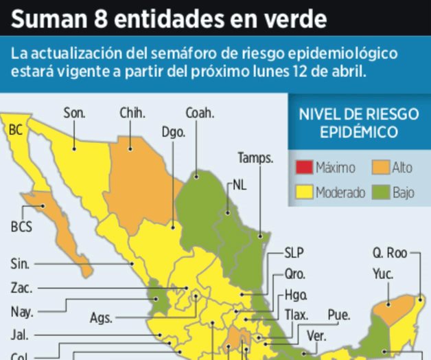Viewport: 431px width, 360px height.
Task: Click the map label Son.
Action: coord(74,113)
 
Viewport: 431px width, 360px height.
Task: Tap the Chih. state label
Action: coord(132,113)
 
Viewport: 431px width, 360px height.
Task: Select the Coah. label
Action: coord(200,113)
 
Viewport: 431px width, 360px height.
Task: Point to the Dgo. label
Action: coord(174,132)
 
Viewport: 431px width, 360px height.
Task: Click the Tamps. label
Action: coord(255,158)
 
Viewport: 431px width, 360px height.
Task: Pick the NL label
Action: coord(240,185)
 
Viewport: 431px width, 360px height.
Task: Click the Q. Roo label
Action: coord(391,253)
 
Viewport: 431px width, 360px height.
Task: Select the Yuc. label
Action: coord(383,273)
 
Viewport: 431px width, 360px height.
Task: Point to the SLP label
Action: coord(294,252)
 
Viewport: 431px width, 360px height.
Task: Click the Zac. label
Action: coord(22,288)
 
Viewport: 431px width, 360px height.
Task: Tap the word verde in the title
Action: coord(292,19)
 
